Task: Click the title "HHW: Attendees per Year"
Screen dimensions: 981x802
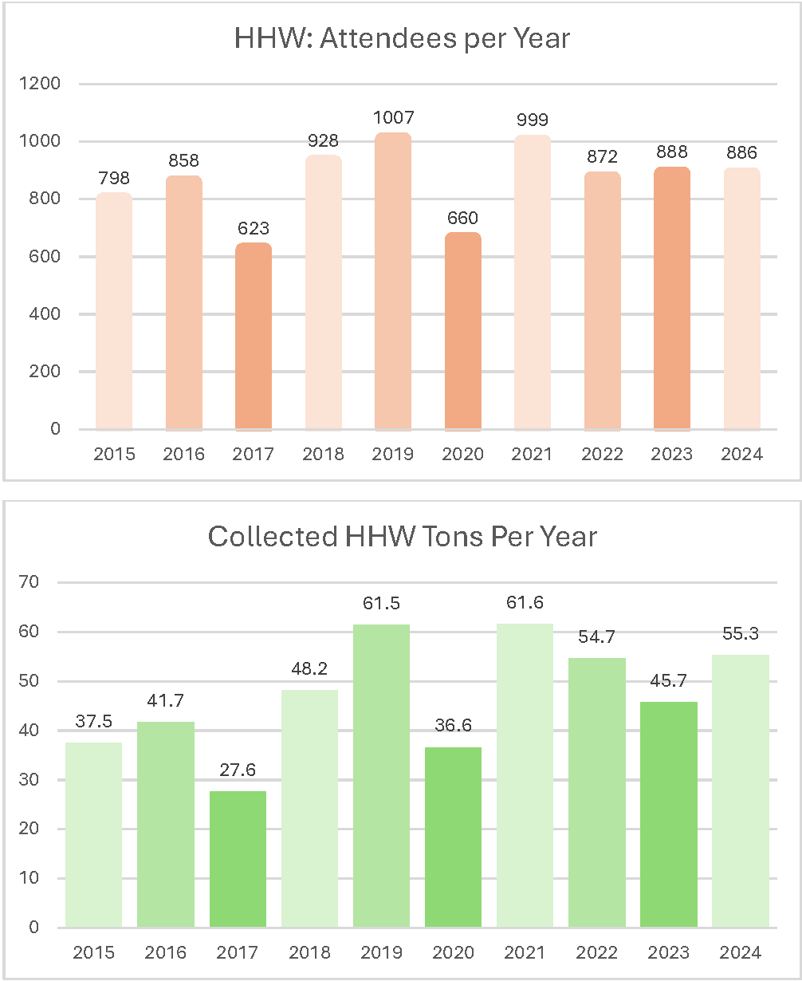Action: [x=402, y=38]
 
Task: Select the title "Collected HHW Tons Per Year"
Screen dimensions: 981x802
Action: [x=402, y=537]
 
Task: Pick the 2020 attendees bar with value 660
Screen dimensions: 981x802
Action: [x=463, y=331]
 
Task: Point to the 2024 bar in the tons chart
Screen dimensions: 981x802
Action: [x=741, y=790]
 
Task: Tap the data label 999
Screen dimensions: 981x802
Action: [x=532, y=120]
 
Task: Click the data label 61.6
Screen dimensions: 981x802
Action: [x=524, y=603]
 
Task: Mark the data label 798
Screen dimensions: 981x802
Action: [x=114, y=177]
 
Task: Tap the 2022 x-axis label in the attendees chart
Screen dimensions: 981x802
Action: [x=602, y=455]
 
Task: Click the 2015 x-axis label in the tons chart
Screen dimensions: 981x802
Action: [x=93, y=952]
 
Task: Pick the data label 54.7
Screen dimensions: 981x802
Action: [x=596, y=636]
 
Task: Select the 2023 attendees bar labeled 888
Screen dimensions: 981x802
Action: [x=672, y=299]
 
